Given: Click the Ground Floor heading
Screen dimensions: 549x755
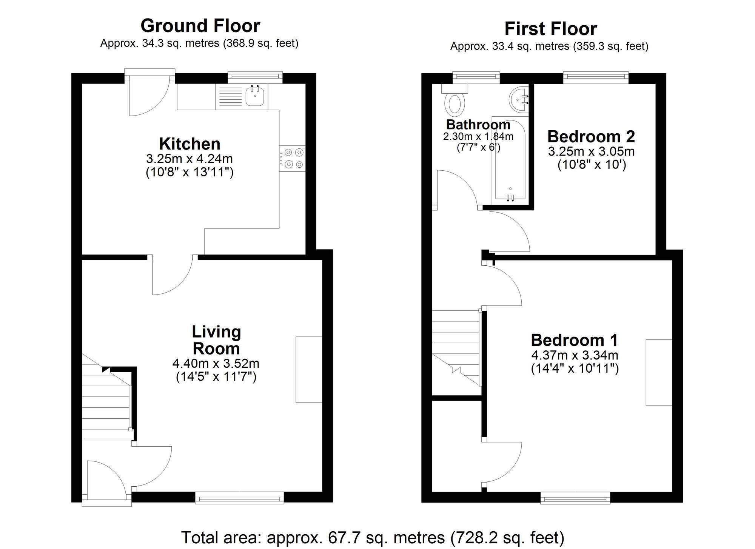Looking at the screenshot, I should (x=200, y=26).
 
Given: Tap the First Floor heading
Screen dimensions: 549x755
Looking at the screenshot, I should (x=550, y=29).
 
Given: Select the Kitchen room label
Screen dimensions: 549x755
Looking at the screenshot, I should (x=190, y=144).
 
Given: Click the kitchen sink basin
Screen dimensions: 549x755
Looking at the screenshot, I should (x=255, y=96).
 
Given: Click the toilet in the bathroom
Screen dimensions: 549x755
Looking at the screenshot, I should (x=455, y=104).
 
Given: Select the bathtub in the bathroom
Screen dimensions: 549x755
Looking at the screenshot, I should (x=510, y=162).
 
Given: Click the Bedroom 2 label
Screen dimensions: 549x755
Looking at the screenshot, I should (x=591, y=136).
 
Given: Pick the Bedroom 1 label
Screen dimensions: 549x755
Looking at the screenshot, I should (x=574, y=340).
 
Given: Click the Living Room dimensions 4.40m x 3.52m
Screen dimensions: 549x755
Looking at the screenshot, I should (x=216, y=364).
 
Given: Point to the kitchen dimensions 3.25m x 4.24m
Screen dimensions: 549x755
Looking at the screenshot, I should (x=190, y=159).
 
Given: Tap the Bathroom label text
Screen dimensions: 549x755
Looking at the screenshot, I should (x=478, y=125).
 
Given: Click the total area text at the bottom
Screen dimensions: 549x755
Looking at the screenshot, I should (x=373, y=537).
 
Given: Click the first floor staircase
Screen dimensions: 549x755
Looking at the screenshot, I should (x=456, y=347).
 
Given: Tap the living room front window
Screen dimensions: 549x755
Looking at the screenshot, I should (x=239, y=498).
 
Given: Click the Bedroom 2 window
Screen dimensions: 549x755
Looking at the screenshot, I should (x=596, y=77).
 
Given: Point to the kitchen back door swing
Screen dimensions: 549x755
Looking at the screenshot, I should (x=147, y=96).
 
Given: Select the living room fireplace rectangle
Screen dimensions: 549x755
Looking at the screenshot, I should (x=309, y=370).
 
